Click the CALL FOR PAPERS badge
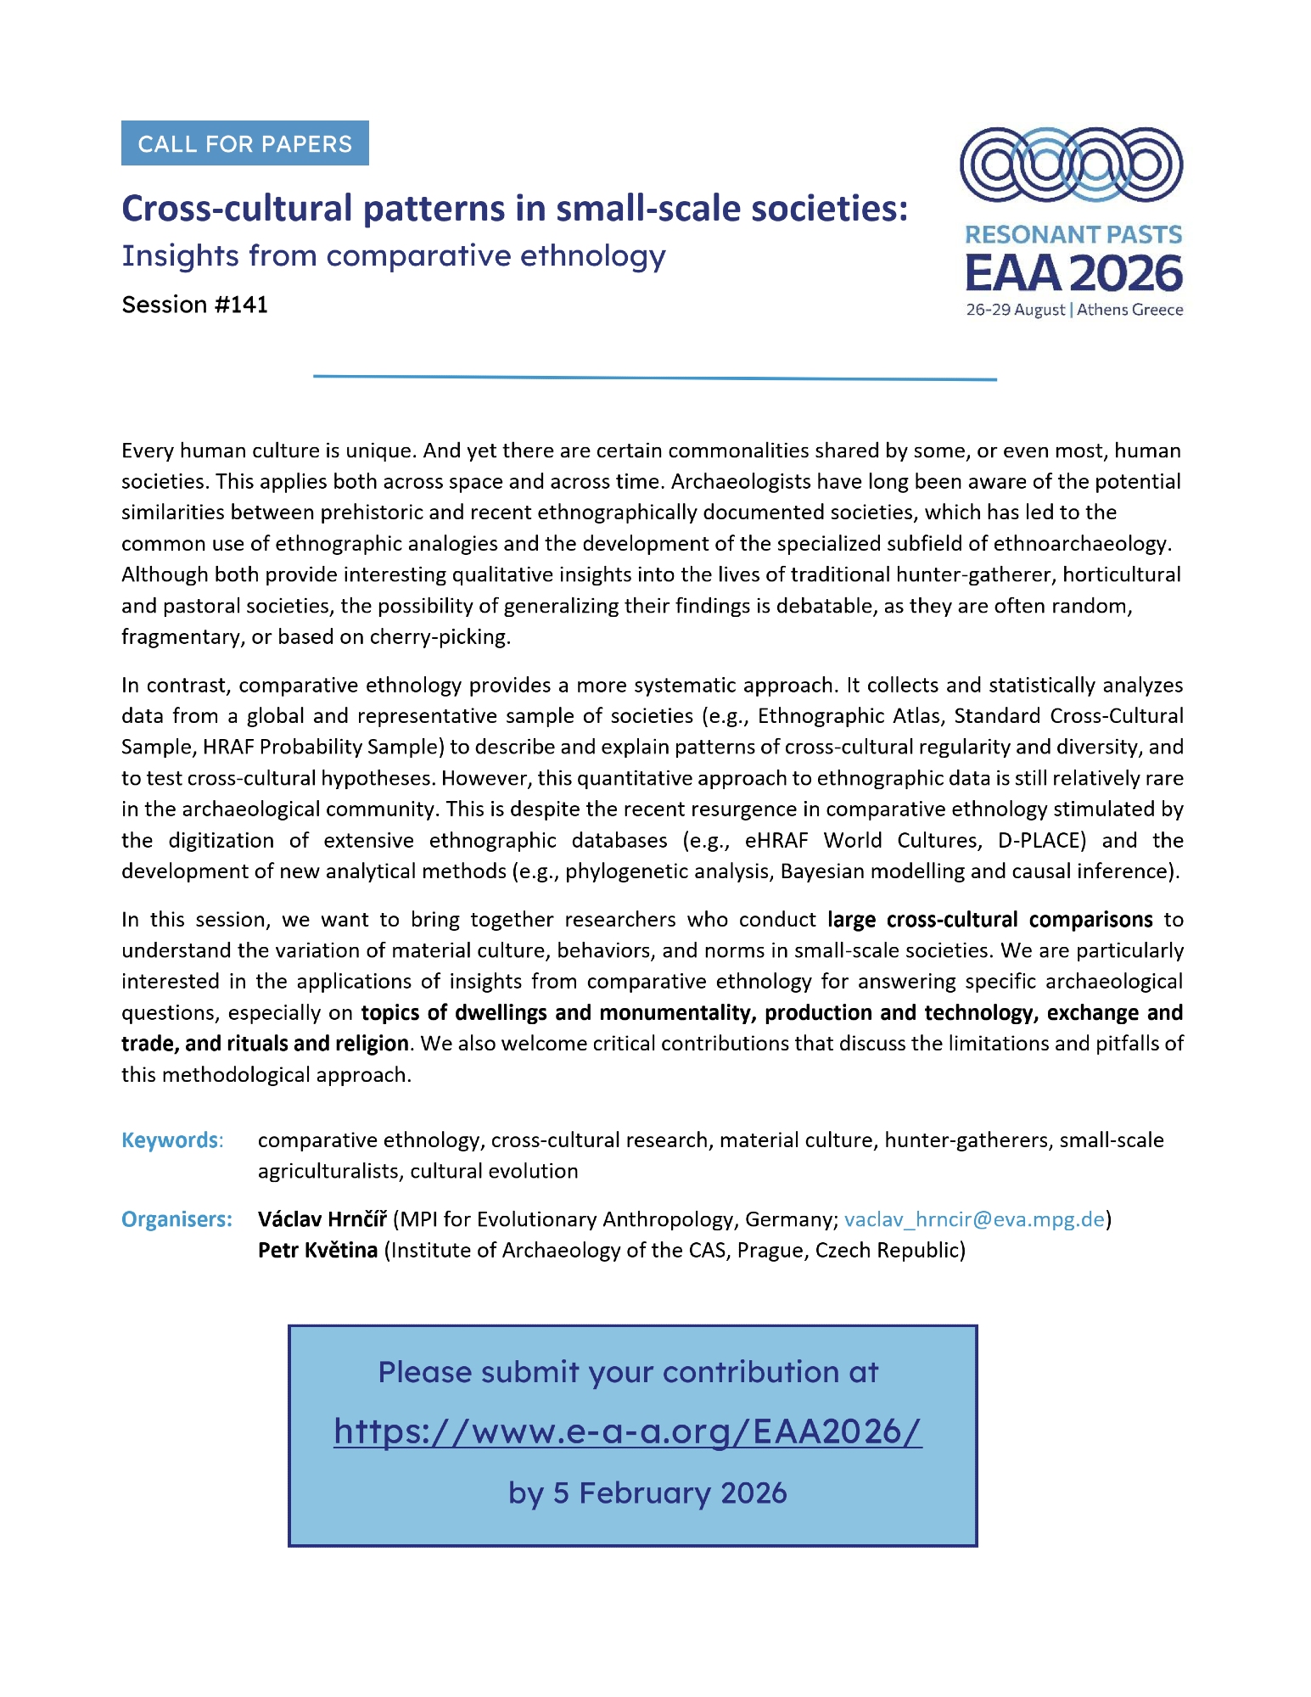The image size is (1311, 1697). coord(244,143)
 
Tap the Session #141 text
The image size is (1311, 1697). coord(194,305)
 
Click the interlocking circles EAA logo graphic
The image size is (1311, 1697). coord(1071,165)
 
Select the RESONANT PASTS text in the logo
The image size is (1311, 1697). coord(1073,235)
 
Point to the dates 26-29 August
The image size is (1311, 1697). coord(1015,310)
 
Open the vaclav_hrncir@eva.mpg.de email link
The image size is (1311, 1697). coord(974,1219)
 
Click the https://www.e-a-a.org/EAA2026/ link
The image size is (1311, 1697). coord(628,1431)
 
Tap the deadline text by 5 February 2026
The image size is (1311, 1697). coord(647,1493)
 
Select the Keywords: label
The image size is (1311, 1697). coord(172,1140)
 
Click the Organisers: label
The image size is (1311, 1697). coord(176,1219)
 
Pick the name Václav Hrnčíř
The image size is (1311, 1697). coord(322,1219)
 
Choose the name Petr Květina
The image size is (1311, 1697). coord(317,1250)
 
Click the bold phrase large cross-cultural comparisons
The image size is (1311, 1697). coord(989,920)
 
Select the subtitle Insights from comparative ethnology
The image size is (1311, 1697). coord(394,255)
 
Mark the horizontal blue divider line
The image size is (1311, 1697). coord(654,378)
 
